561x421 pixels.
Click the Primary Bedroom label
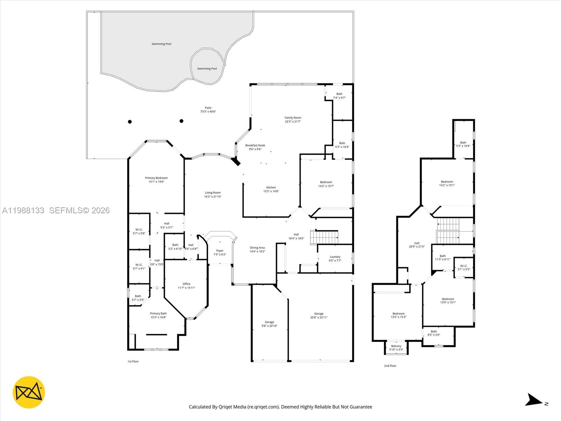[156, 178]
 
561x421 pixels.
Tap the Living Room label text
[213, 193]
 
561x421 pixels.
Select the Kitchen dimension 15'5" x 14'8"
[271, 192]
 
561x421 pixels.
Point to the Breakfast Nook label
[255, 145]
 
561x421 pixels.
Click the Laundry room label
[335, 257]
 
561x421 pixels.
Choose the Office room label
[187, 284]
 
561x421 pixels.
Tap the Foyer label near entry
[220, 250]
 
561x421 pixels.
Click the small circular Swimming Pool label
[207, 69]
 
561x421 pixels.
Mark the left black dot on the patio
[130, 122]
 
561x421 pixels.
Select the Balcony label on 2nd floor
[396, 346]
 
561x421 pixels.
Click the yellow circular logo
[29, 392]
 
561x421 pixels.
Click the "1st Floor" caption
[133, 361]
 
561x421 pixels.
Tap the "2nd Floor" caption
[390, 366]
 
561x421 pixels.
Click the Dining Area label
[257, 248]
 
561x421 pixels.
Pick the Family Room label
[293, 118]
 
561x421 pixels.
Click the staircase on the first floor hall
[325, 238]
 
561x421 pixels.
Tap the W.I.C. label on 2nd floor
[464, 266]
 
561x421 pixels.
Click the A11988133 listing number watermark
[23, 210]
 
